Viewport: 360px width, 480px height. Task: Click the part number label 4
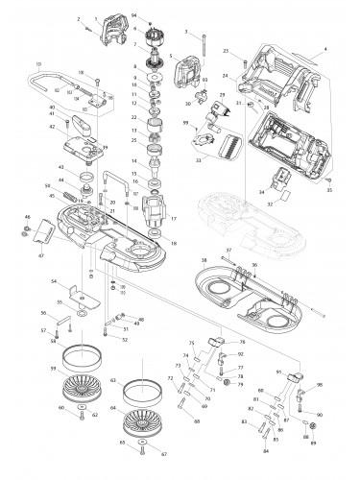coord(326,49)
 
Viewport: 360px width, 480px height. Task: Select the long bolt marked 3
coord(205,47)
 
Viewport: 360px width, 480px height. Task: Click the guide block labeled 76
coord(216,343)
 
